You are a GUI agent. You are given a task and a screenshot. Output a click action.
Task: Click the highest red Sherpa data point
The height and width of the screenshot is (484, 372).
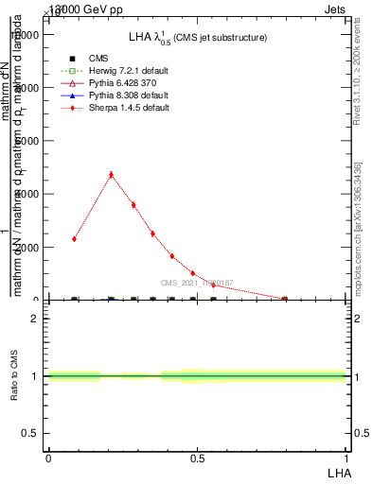(112, 174)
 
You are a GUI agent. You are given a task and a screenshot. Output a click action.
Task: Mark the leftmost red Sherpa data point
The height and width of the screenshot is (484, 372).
(75, 239)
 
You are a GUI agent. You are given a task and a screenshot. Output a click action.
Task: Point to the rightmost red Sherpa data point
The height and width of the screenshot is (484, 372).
(284, 299)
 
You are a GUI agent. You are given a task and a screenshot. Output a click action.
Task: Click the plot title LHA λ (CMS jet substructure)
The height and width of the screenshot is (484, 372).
(197, 38)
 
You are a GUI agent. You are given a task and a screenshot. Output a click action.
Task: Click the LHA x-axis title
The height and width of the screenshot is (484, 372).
(340, 471)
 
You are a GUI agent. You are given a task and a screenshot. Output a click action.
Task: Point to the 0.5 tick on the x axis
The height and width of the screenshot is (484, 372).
(197, 457)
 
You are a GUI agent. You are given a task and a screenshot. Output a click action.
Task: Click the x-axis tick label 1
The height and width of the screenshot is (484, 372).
(346, 457)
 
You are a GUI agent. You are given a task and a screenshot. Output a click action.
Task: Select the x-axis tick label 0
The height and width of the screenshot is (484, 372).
(48, 457)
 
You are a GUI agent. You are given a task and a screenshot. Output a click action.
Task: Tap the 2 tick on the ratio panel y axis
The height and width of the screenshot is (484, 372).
(35, 319)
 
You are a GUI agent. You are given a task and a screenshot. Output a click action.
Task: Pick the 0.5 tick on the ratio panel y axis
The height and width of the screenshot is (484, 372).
(31, 433)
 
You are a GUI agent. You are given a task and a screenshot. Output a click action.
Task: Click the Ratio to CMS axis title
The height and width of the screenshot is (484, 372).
(14, 376)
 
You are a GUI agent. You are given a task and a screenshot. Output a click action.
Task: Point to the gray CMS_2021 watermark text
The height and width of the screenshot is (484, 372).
(196, 283)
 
